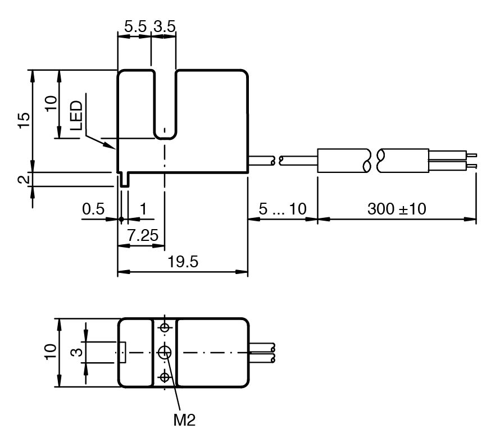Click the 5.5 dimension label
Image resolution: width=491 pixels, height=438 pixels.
(135, 26)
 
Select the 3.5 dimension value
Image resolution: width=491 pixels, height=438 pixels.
(165, 26)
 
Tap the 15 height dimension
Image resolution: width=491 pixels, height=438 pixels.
(24, 120)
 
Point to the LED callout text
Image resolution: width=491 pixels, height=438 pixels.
(76, 115)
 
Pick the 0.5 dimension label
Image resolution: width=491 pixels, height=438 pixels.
(93, 209)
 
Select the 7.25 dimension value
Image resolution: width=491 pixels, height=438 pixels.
(143, 235)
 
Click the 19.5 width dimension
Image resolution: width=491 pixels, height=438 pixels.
(183, 262)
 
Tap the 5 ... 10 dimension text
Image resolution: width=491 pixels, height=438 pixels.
(283, 209)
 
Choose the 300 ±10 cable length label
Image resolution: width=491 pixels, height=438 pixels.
(397, 209)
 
